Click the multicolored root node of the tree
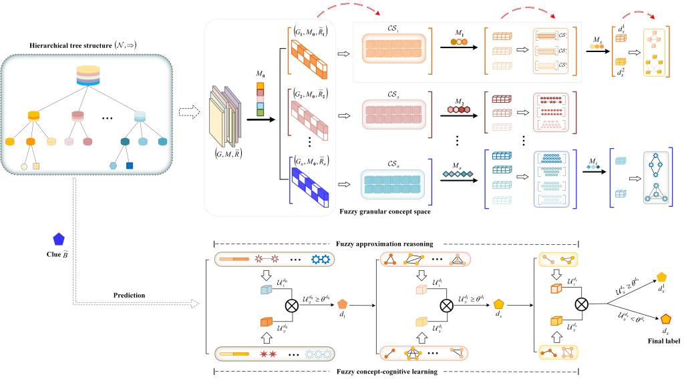[x=88, y=75]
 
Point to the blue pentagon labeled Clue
[x=59, y=238]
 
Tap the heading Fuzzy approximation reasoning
[x=395, y=244]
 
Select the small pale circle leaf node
[x=25, y=165]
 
